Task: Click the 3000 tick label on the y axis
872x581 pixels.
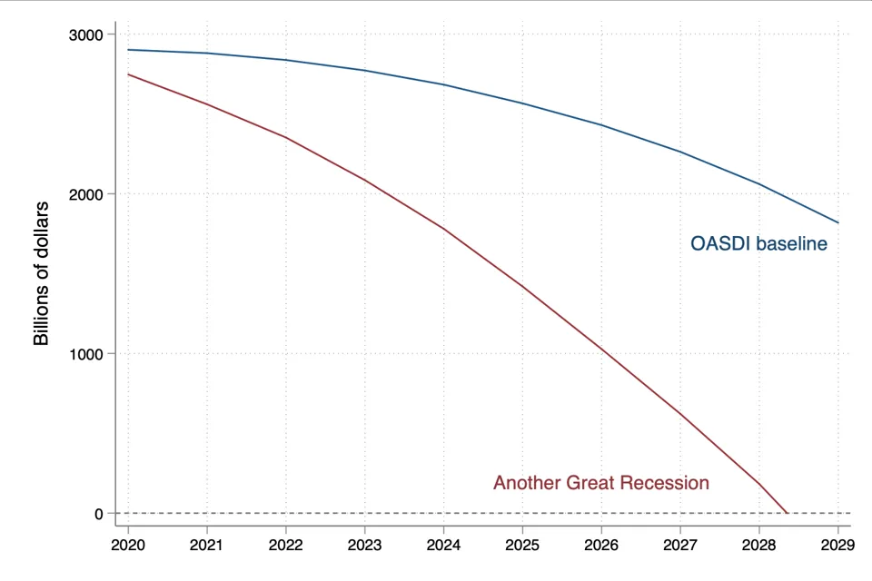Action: point(85,35)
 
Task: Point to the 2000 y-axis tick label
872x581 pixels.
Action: point(85,194)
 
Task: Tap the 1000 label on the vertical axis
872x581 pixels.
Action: point(85,354)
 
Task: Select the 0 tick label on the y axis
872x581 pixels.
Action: point(98,515)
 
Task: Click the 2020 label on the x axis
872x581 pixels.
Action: point(128,545)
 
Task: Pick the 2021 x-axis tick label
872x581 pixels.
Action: point(206,545)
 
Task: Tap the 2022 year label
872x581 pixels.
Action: point(285,545)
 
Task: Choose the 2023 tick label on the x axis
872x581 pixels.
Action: point(364,545)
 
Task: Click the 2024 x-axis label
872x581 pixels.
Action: point(443,545)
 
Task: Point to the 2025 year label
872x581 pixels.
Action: point(522,545)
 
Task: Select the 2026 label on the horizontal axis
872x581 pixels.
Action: point(601,545)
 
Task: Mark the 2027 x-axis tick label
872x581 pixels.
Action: point(680,545)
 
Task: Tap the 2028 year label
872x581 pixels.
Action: point(759,545)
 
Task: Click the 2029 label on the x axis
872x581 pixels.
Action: point(837,545)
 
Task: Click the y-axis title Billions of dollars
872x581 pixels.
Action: point(42,273)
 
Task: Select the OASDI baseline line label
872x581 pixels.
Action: point(758,243)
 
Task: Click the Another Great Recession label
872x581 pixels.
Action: point(601,483)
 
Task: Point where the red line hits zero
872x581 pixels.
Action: point(787,513)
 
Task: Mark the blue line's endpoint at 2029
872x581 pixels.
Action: point(838,223)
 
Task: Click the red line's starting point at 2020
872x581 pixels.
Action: point(128,74)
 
